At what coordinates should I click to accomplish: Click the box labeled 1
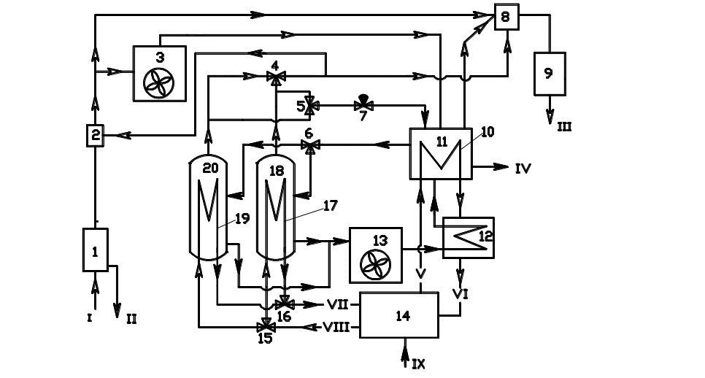coord(96,250)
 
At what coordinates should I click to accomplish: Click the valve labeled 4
coord(274,77)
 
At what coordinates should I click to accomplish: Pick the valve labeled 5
coord(309,106)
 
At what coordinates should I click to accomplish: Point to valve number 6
coord(309,146)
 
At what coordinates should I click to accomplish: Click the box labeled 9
coord(550,72)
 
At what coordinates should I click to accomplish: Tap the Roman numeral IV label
coord(523,168)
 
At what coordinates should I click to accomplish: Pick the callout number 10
coord(488,131)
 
